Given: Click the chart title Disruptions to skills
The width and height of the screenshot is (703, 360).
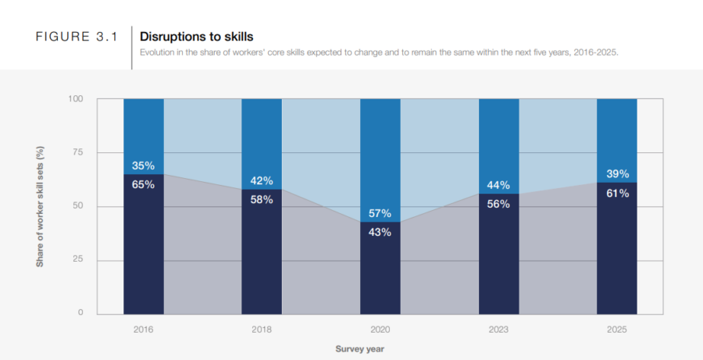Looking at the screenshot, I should (x=196, y=36).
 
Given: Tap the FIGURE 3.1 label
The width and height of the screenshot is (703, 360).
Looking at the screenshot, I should (x=77, y=37).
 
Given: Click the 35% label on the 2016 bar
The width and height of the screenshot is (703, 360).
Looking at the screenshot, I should (x=144, y=166).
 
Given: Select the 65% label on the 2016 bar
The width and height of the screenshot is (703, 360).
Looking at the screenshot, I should (x=144, y=185).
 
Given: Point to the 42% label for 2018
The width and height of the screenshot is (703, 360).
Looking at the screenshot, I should (x=262, y=180).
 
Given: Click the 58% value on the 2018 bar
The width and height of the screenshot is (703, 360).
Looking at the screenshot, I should (x=262, y=200).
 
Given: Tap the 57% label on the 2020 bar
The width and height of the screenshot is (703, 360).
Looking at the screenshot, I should (x=380, y=213).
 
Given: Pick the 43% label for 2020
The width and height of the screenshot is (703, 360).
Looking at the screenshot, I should (x=380, y=232).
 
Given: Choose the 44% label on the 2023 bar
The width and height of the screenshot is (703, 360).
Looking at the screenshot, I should (x=498, y=185).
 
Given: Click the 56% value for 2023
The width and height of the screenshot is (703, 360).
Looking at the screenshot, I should (x=498, y=204).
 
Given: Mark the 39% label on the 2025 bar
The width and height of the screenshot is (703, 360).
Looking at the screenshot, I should (x=617, y=174).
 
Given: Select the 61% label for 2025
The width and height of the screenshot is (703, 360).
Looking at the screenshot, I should (x=617, y=193).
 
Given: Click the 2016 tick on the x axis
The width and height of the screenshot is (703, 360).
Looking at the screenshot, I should (x=144, y=330).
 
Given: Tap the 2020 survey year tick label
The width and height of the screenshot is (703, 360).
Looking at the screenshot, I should (x=380, y=330).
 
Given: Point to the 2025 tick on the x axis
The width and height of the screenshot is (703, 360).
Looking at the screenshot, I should (x=617, y=330).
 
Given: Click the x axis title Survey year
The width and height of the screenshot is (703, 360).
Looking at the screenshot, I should (x=360, y=348).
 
